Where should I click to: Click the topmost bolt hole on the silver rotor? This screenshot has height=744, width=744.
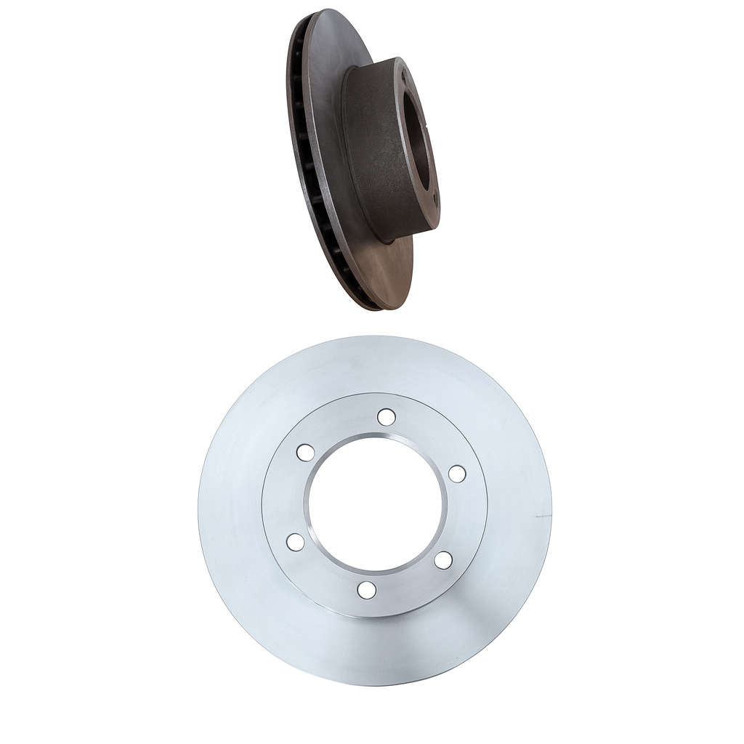pyautogui.click(x=387, y=417)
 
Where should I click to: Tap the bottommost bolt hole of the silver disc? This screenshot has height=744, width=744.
pyautogui.click(x=367, y=590)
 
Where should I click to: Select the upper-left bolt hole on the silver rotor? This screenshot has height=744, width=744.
pyautogui.click(x=305, y=452)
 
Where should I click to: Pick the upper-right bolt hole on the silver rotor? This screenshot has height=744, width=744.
pyautogui.click(x=457, y=474)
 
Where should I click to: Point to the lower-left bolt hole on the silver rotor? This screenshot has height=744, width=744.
pyautogui.click(x=295, y=541)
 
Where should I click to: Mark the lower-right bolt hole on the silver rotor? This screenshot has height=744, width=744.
pyautogui.click(x=443, y=560)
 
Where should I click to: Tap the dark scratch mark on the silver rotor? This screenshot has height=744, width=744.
pyautogui.click(x=541, y=516)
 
